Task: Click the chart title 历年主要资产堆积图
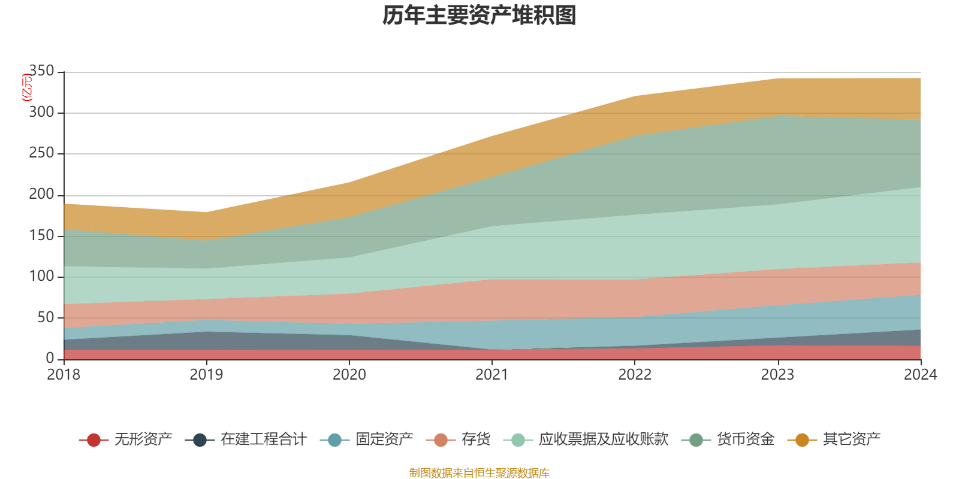[x=479, y=16]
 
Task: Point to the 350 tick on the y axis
[x=41, y=71]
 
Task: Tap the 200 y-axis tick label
[x=41, y=194]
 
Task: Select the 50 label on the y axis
[x=46, y=317]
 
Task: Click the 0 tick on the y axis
[x=50, y=358]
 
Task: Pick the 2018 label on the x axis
[x=64, y=375]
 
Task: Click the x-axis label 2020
[x=349, y=375]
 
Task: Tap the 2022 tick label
[x=635, y=375]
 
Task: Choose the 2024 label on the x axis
[x=920, y=375]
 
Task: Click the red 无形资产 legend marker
[x=93, y=440]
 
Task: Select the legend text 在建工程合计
[x=263, y=439]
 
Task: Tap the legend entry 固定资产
[x=384, y=439]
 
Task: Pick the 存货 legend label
[x=476, y=439]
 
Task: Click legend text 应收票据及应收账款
[x=603, y=439]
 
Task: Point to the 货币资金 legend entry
[x=746, y=439]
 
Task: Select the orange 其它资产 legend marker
[x=801, y=440]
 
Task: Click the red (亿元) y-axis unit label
[x=27, y=88]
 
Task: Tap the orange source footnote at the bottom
[x=479, y=473]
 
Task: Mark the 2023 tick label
[x=777, y=375]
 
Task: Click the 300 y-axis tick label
[x=41, y=112]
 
